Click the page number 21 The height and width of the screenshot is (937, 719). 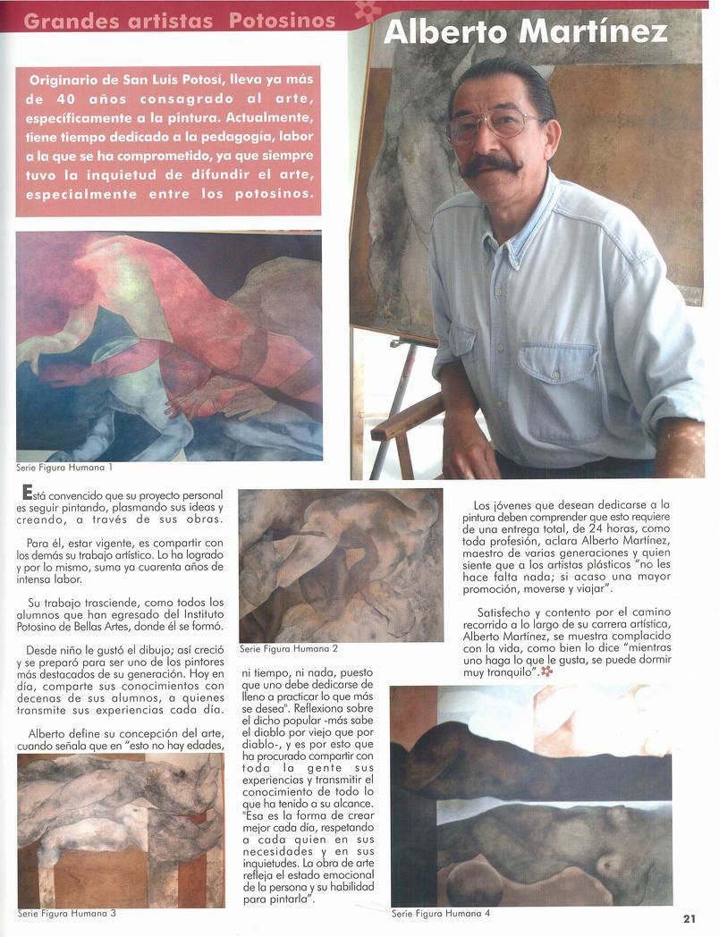point(689,918)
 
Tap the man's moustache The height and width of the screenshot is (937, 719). point(489,165)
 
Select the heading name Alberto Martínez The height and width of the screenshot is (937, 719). point(525,32)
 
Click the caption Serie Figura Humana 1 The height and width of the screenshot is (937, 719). point(64,467)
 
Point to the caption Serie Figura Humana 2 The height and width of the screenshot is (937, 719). point(288,647)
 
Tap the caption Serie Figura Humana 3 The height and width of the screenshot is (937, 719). point(66,913)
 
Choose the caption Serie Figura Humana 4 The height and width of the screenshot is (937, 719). point(440,914)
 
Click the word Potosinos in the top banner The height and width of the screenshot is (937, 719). point(283,20)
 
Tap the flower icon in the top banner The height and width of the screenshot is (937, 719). point(368,11)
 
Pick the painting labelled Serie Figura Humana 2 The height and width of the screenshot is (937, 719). point(340,565)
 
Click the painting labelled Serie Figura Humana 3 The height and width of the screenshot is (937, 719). point(121,830)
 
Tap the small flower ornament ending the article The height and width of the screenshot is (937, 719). point(546,671)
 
